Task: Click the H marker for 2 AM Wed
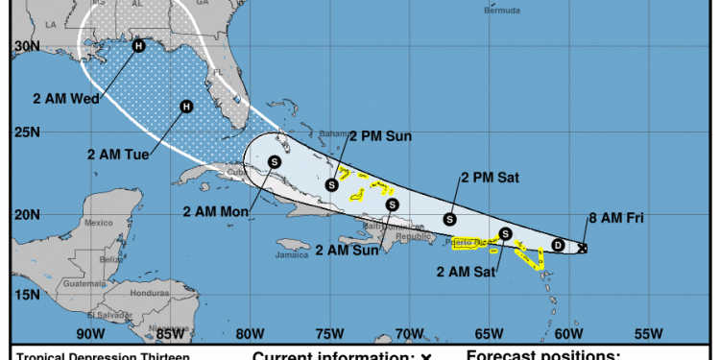(x=139, y=45)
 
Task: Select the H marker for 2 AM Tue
(x=186, y=107)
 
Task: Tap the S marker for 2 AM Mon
(x=275, y=162)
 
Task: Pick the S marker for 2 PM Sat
(x=448, y=220)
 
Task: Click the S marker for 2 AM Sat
(x=506, y=233)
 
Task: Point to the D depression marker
(x=558, y=246)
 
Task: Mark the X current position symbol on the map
(x=584, y=248)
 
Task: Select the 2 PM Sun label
(x=380, y=136)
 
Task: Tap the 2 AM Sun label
(x=345, y=250)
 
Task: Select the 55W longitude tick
(x=649, y=333)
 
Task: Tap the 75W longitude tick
(x=328, y=333)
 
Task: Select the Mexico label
(x=99, y=223)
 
